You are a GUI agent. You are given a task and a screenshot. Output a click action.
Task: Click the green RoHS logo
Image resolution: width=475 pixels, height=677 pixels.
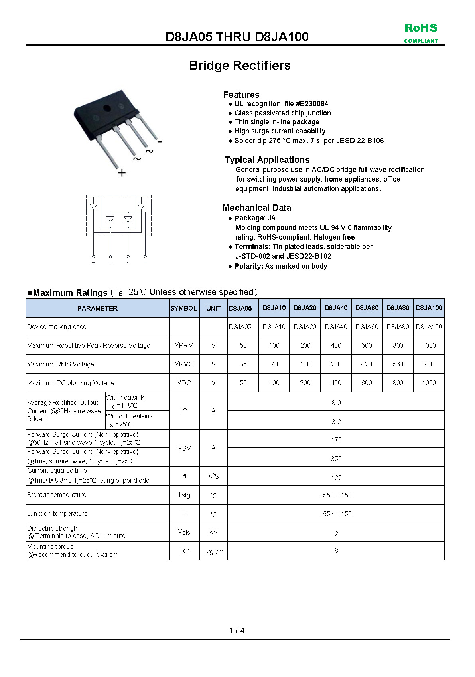421,32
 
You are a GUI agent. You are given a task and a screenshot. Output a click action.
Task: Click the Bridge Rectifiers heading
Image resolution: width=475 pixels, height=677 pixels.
240,65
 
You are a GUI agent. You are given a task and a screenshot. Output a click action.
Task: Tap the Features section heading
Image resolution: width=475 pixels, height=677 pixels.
241,95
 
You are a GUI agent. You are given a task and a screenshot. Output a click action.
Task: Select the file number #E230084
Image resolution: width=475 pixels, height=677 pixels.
312,104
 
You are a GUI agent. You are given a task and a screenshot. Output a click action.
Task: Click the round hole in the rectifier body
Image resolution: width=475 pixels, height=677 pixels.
107,108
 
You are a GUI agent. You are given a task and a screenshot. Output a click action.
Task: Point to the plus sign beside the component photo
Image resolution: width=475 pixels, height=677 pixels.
122,172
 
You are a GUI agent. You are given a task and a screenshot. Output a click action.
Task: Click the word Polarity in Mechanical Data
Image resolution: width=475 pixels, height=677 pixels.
248,266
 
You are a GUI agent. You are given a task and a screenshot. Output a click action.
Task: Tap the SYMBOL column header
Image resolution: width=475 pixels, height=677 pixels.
183,308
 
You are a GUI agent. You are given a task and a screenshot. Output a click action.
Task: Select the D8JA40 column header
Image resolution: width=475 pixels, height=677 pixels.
336,308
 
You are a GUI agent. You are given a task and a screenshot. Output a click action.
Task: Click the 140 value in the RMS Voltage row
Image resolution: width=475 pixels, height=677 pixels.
305,364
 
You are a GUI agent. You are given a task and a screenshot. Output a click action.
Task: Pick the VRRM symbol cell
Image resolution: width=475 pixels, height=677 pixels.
184,345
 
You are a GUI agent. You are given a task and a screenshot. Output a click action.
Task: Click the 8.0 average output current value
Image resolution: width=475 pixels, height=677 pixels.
336,403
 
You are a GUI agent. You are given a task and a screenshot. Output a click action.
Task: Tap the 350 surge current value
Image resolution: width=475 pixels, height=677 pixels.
336,459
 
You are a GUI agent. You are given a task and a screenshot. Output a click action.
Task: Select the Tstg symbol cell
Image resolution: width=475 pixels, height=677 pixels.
184,495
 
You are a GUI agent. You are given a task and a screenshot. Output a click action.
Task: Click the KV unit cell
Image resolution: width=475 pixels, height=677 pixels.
213,532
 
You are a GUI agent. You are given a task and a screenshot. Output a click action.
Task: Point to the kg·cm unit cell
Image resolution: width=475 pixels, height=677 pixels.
215,552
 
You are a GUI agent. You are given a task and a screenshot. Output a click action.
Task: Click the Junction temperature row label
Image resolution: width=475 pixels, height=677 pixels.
57,513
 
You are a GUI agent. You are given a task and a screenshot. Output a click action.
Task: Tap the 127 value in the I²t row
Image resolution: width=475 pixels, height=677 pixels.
336,478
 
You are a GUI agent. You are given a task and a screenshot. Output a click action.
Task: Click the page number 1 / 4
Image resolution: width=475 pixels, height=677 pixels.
237,631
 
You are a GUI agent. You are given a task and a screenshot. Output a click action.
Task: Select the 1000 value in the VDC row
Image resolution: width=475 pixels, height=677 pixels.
429,383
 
